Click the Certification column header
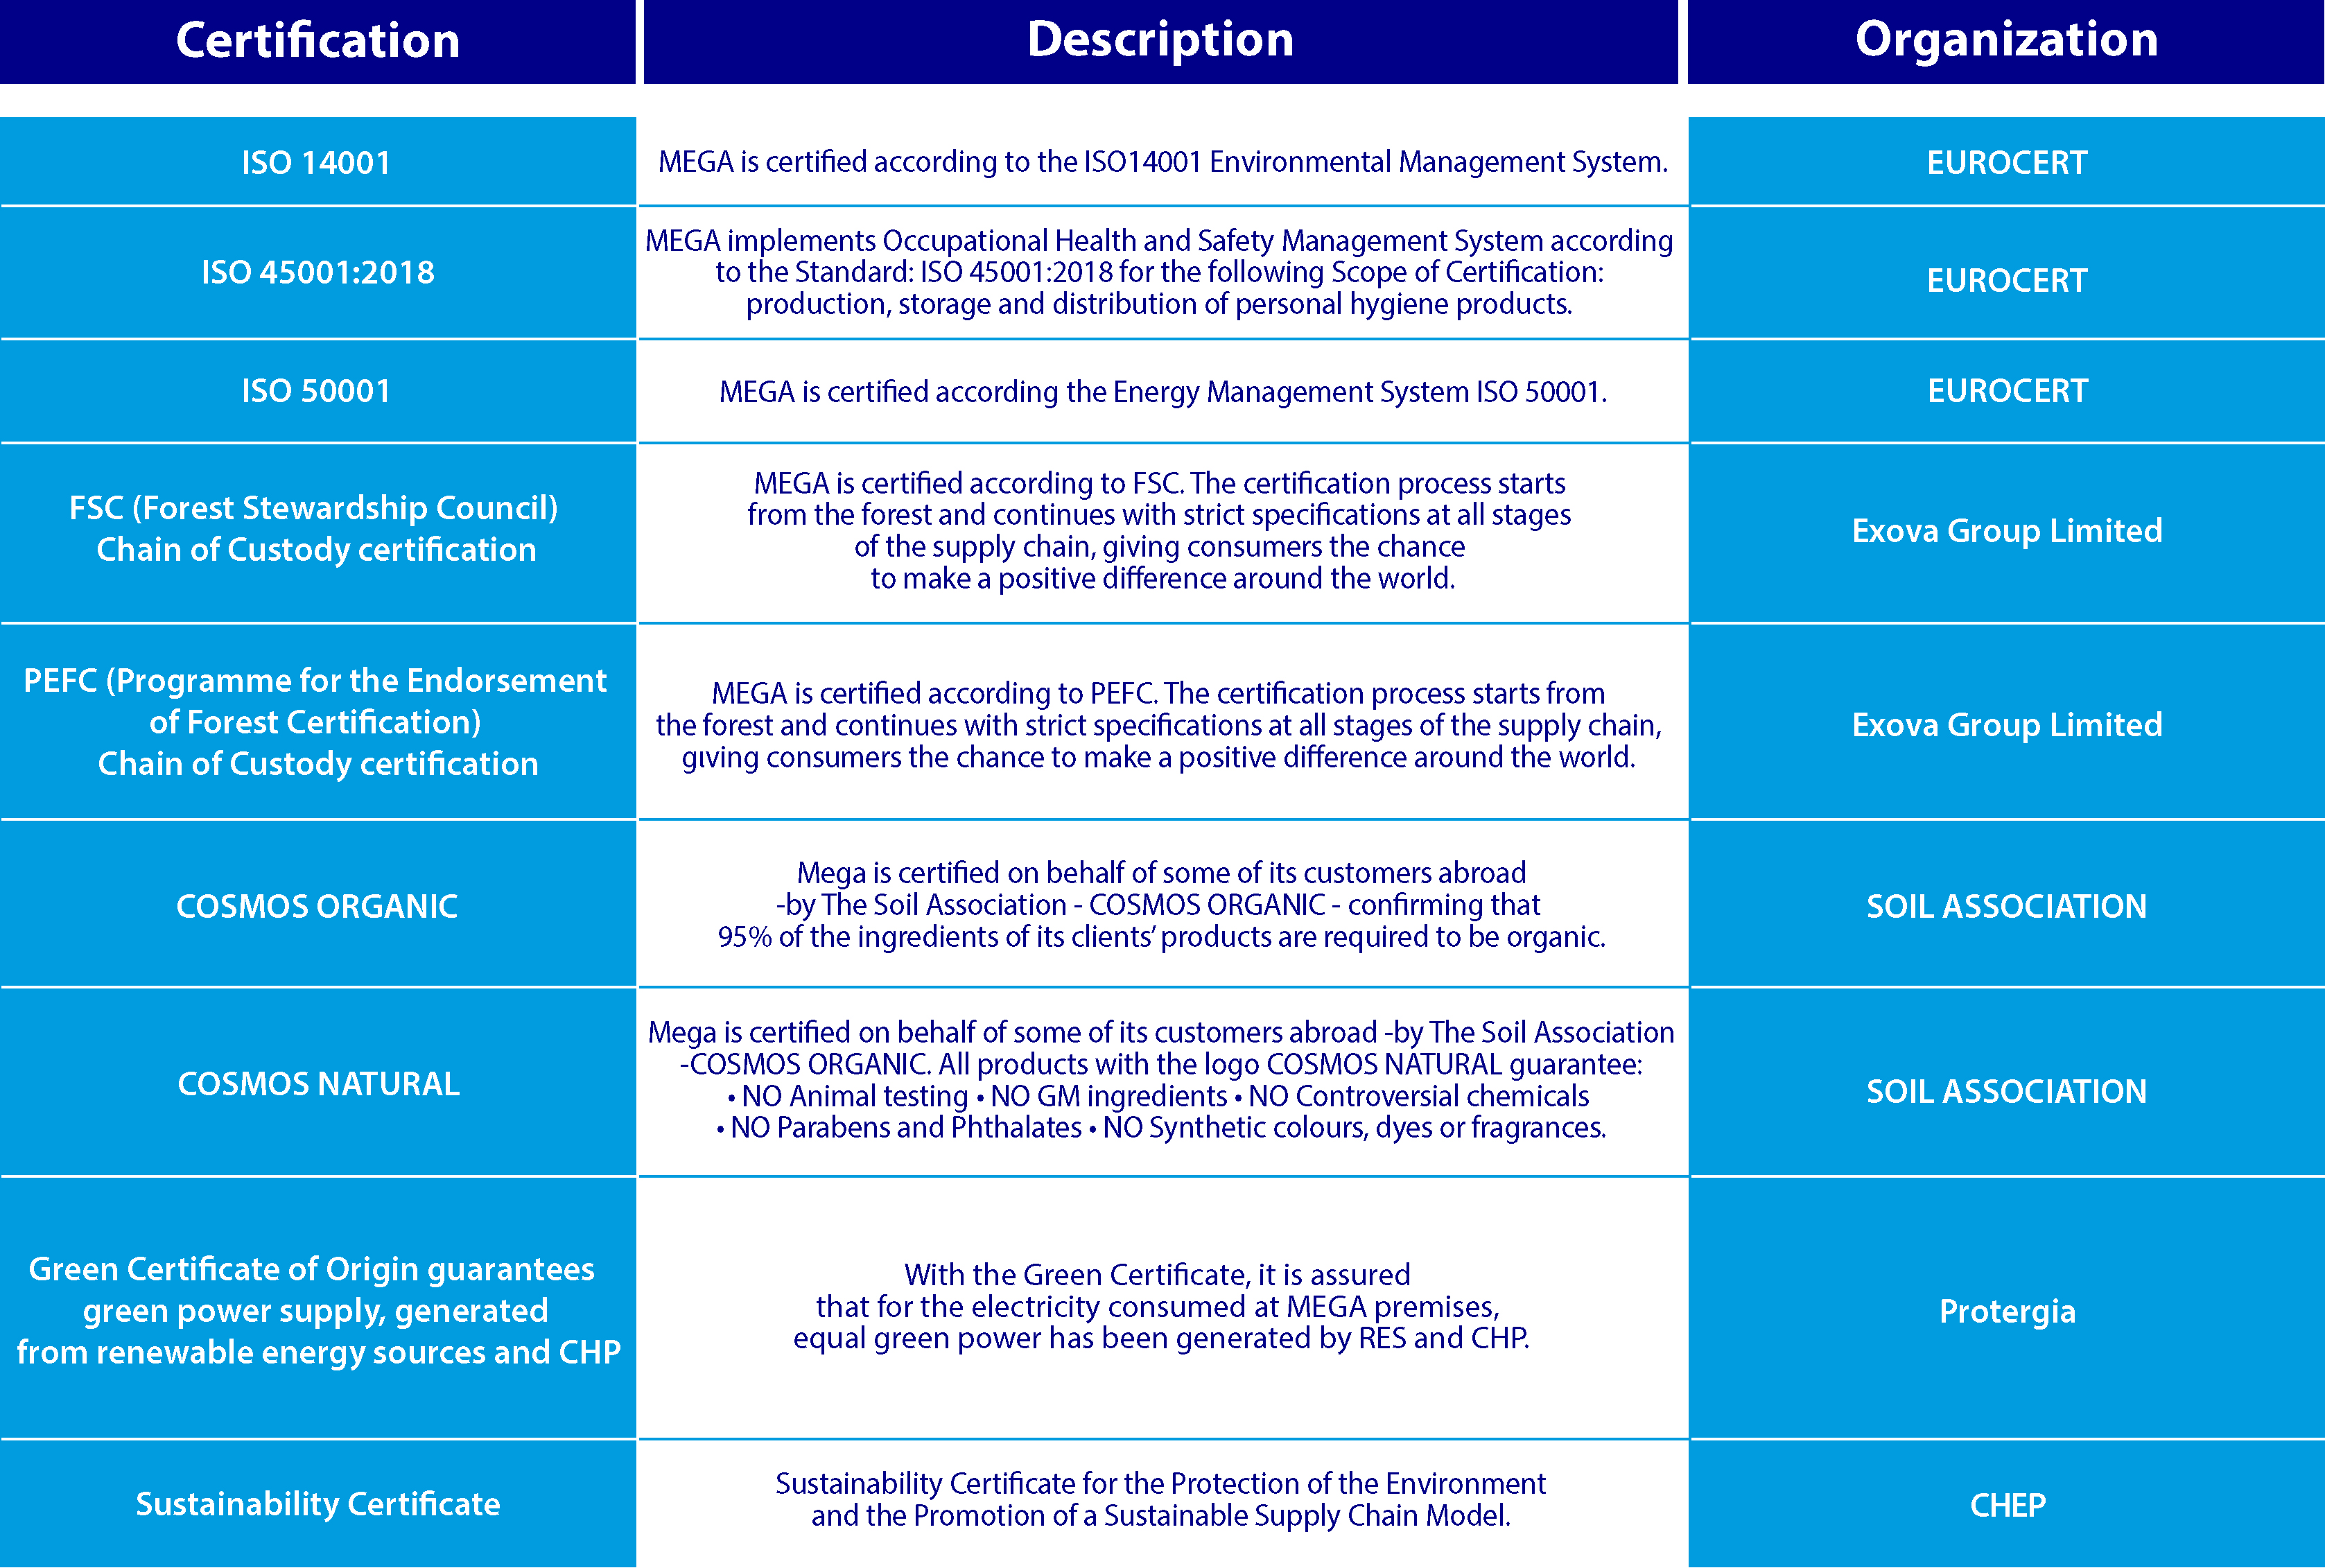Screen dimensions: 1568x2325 point(318,41)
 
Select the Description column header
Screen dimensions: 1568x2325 point(1160,40)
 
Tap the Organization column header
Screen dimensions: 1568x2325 point(2006,40)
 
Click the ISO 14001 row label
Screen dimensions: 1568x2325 point(316,163)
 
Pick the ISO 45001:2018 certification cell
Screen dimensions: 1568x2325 point(318,272)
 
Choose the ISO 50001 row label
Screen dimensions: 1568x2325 point(316,391)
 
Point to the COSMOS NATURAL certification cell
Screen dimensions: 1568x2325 point(318,1084)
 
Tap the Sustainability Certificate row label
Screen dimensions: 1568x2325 point(318,1504)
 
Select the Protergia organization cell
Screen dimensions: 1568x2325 point(2007,1311)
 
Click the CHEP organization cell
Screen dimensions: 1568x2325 point(2007,1505)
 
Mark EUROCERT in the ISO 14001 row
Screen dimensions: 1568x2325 point(2007,163)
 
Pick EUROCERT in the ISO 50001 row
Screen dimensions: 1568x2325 point(2007,391)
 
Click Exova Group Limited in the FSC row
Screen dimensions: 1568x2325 point(2007,531)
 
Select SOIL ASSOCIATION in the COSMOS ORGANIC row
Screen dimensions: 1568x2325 point(2006,906)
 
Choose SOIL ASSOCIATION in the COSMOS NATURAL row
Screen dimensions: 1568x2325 point(2006,1091)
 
